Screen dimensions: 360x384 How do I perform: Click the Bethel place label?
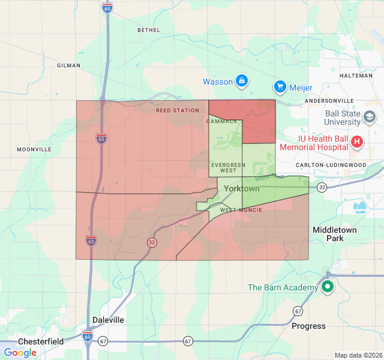click(149, 30)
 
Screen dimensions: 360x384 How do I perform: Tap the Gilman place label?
click(68, 65)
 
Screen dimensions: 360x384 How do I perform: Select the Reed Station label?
click(177, 111)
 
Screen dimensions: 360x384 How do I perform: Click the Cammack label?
click(223, 121)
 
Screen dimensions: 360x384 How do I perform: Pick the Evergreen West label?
click(228, 167)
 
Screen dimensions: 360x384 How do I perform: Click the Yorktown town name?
click(241, 188)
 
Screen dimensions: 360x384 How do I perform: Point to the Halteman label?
click(356, 76)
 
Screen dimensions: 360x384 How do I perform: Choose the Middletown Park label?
click(335, 234)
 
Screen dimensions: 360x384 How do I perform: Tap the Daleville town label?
click(108, 320)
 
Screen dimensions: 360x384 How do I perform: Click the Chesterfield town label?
click(41, 341)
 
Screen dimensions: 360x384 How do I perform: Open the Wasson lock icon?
click(241, 80)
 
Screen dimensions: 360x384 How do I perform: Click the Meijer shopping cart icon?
click(280, 87)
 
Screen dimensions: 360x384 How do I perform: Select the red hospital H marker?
click(357, 142)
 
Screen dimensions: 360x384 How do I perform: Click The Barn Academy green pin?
click(327, 287)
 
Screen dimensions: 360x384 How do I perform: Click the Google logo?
click(20, 353)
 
